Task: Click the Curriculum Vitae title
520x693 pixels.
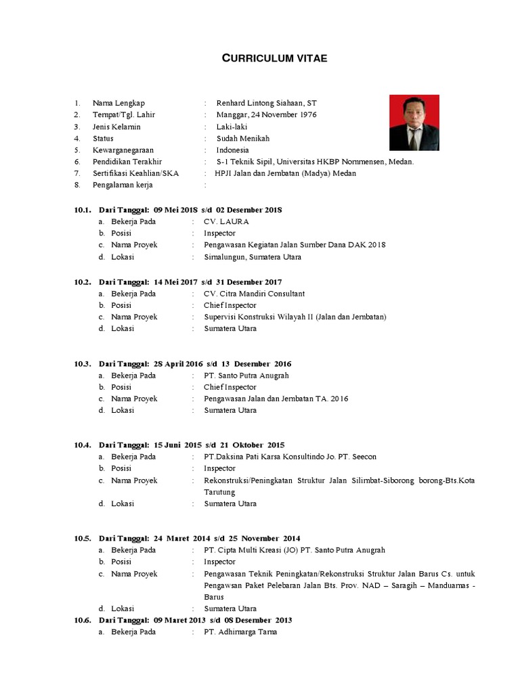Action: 275,59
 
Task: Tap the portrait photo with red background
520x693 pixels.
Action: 414,122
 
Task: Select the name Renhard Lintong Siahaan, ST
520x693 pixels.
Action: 266,103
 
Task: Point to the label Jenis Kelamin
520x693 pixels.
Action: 116,127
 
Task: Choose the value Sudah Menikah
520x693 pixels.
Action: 242,138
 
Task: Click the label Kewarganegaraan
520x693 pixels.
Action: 123,150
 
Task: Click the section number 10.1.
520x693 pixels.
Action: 83,210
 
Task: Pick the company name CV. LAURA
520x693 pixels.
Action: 226,221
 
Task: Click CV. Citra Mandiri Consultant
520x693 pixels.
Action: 254,294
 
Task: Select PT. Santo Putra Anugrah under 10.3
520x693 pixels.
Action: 246,375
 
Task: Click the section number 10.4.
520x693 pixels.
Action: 83,445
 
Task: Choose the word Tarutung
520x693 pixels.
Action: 219,492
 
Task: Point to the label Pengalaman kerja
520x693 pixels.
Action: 123,185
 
